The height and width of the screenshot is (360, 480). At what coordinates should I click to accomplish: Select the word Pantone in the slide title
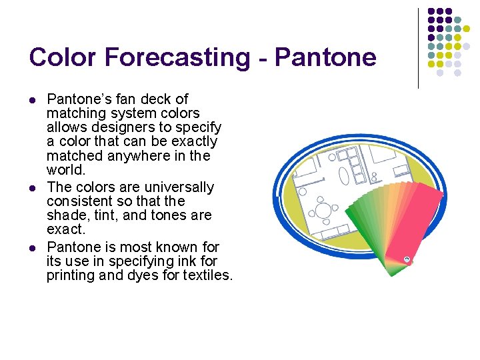(325, 57)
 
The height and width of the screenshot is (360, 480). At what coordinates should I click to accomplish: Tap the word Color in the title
(58, 57)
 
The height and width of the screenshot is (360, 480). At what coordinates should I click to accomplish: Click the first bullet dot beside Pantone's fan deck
(33, 100)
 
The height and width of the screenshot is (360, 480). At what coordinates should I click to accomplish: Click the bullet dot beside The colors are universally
(33, 187)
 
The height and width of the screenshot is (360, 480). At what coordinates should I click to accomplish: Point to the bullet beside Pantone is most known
(33, 247)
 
